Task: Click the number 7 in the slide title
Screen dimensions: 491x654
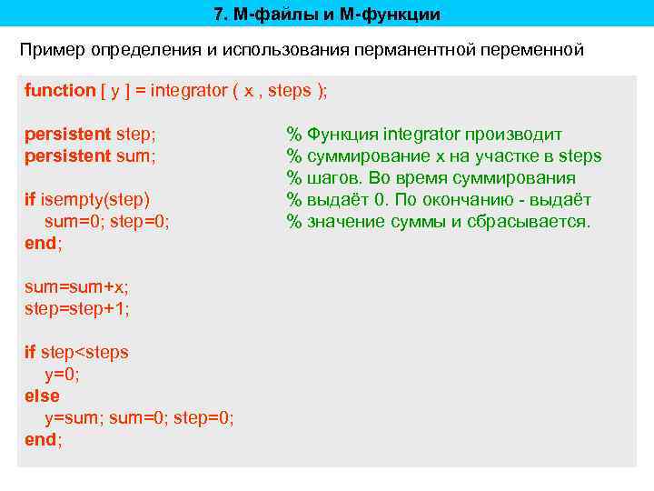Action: pos(219,15)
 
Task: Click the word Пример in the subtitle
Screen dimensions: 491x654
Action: pos(52,49)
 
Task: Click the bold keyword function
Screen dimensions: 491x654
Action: pos(59,90)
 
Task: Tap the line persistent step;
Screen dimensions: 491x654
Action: pos(90,134)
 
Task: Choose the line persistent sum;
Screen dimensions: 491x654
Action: pos(90,155)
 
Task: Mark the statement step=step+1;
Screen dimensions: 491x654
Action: pos(76,308)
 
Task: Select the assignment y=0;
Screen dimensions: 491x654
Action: pos(62,374)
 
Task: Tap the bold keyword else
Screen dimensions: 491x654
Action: pos(42,396)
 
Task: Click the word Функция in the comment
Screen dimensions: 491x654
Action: pos(342,134)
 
